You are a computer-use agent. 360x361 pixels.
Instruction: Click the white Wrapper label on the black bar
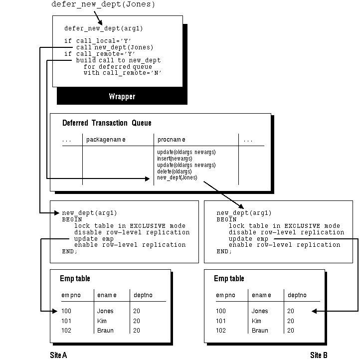point(122,96)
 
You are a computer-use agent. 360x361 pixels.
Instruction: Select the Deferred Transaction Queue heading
point(107,123)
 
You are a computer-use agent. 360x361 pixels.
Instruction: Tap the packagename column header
point(106,140)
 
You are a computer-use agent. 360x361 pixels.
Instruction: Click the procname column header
point(172,140)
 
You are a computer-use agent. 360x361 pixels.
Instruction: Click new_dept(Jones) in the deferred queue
point(177,178)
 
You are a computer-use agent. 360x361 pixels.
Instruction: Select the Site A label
point(58,355)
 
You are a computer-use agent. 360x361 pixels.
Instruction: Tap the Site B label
point(319,355)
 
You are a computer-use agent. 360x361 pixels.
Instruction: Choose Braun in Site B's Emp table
point(260,331)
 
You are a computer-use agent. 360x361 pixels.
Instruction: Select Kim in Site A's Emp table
point(102,321)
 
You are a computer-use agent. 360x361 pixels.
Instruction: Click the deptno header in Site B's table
point(297,295)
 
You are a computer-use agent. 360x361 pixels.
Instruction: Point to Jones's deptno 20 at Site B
point(291,311)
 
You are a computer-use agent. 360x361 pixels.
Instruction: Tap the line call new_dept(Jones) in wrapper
point(114,47)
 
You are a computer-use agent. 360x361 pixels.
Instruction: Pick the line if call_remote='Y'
point(100,54)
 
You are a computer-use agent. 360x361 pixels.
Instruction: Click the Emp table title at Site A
point(75,278)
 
